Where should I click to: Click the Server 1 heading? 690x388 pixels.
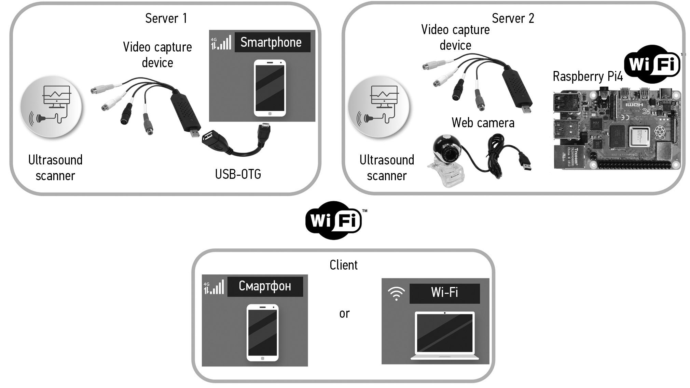[166, 18]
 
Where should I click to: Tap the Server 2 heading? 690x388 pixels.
[513, 18]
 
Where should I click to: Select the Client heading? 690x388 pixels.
[343, 265]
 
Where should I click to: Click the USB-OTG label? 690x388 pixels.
[238, 174]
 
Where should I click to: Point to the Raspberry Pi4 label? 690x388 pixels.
[588, 76]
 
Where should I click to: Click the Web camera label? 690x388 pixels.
[483, 123]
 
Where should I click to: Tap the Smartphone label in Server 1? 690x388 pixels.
[271, 42]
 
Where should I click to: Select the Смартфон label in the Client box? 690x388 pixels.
[265, 286]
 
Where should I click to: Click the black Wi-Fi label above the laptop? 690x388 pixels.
[444, 292]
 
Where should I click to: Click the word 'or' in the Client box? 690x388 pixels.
[344, 314]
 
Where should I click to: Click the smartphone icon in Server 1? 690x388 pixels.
[270, 88]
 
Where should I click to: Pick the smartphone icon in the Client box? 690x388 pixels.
[262, 332]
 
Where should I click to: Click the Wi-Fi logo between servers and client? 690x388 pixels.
[334, 220]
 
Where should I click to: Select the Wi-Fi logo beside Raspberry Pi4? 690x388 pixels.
[652, 64]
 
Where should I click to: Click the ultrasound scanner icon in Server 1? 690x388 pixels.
[52, 106]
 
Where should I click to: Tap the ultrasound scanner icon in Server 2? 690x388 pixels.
[378, 106]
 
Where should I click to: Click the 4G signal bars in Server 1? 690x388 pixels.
[221, 43]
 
